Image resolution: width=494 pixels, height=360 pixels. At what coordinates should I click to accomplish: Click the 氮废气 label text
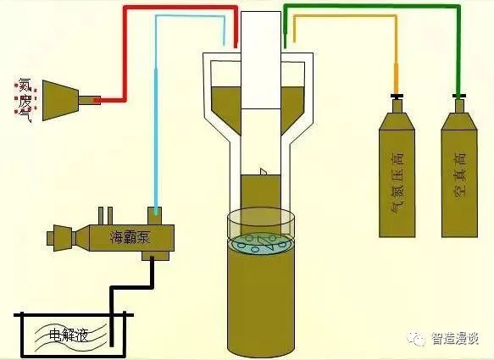point(21,99)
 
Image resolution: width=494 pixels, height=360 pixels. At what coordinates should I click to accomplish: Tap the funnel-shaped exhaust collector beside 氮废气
point(64,100)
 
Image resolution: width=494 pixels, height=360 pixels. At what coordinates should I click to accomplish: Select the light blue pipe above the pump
point(157,110)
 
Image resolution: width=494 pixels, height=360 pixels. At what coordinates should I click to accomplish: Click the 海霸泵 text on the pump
point(130,237)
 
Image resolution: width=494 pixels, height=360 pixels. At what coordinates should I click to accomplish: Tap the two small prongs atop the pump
point(105,213)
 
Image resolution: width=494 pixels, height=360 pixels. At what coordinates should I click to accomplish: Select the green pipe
point(373,8)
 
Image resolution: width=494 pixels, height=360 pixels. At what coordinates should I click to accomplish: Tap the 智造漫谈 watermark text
point(455,339)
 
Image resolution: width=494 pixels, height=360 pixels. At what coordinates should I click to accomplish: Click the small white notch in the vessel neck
point(264,173)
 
